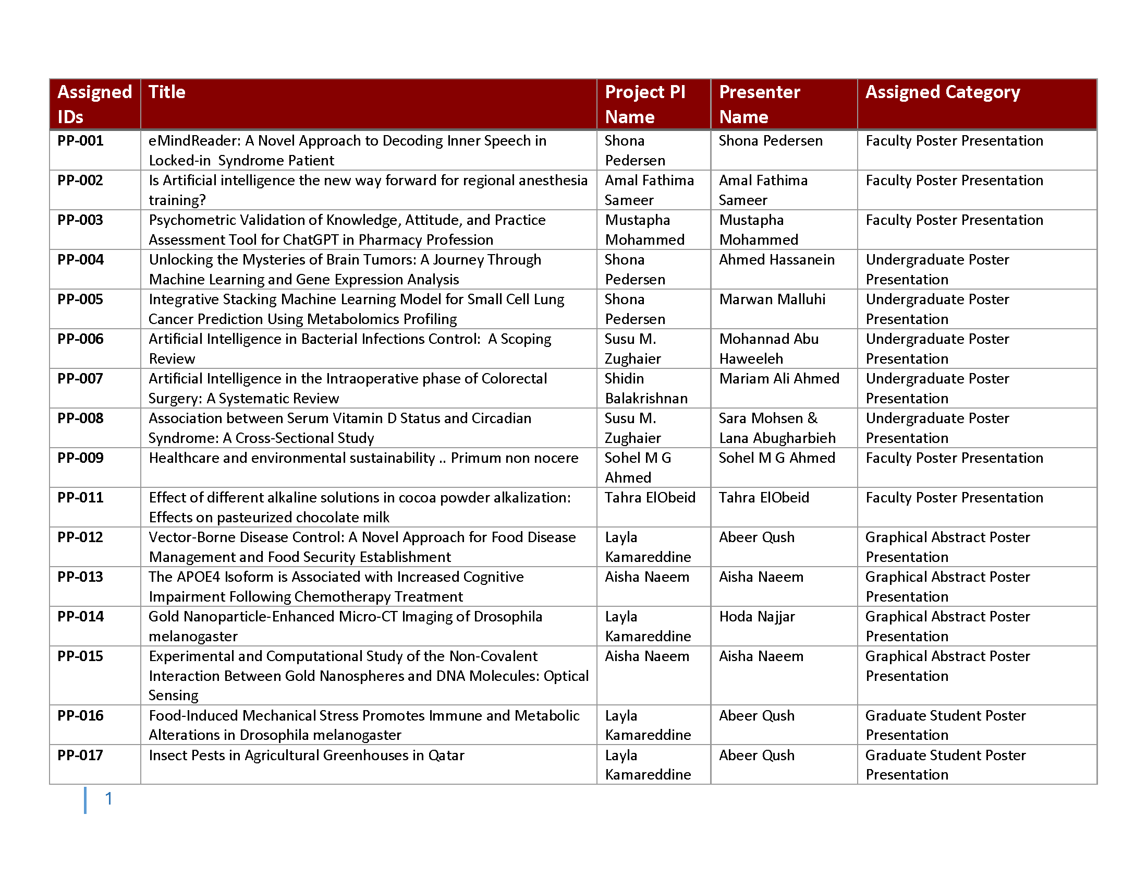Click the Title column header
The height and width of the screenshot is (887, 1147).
tap(167, 92)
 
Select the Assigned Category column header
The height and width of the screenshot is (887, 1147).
tap(942, 92)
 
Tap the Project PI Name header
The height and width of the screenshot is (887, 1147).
tap(645, 104)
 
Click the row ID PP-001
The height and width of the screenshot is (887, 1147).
tap(80, 141)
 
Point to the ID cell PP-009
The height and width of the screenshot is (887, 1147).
tap(80, 458)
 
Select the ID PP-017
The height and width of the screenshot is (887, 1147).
tap(80, 756)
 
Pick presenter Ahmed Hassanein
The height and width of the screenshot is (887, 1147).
tap(776, 260)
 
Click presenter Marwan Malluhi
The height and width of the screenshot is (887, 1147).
tap(772, 299)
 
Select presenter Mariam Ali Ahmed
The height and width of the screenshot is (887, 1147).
tap(779, 379)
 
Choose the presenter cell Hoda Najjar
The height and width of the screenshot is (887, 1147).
tap(757, 617)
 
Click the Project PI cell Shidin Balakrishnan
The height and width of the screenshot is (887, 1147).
tap(646, 388)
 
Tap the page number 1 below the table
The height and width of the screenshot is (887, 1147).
tap(109, 799)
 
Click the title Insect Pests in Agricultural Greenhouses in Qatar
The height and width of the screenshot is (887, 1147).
tap(306, 756)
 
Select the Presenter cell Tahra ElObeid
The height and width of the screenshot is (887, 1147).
tap(764, 498)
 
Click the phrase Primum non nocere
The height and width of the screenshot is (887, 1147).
tap(514, 458)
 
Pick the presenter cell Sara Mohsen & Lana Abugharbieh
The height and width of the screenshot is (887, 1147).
tap(777, 428)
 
